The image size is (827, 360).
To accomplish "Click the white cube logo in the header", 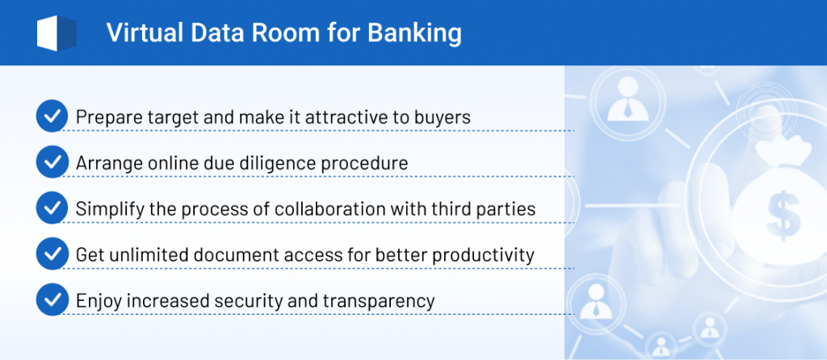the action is pyautogui.click(x=57, y=33).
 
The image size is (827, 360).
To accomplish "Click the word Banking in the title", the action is pyautogui.click(x=414, y=33).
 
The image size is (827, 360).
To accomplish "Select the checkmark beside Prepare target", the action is pyautogui.click(x=52, y=116).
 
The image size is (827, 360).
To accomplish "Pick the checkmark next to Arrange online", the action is pyautogui.click(x=52, y=161).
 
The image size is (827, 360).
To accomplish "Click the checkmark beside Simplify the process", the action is pyautogui.click(x=52, y=207).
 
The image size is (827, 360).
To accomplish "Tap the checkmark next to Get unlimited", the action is pyautogui.click(x=52, y=253).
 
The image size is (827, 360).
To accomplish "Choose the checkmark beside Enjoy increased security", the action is pyautogui.click(x=52, y=299).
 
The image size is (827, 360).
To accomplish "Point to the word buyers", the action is pyautogui.click(x=443, y=118).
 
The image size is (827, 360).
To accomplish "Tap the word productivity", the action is pyautogui.click(x=484, y=255).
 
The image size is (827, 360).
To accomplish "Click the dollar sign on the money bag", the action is pyautogui.click(x=783, y=215).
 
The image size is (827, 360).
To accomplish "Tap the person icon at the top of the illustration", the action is pyautogui.click(x=628, y=98).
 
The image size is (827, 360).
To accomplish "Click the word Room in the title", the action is pyautogui.click(x=285, y=33).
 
